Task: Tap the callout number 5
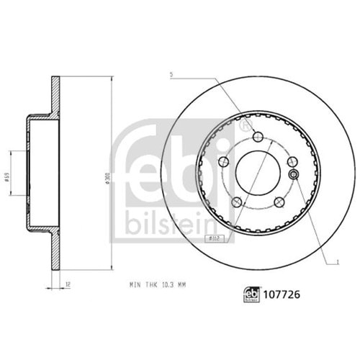pyautogui.click(x=171, y=74)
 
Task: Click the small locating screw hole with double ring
pyautogui.click(x=293, y=174)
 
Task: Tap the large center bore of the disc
pyautogui.click(x=258, y=172)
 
